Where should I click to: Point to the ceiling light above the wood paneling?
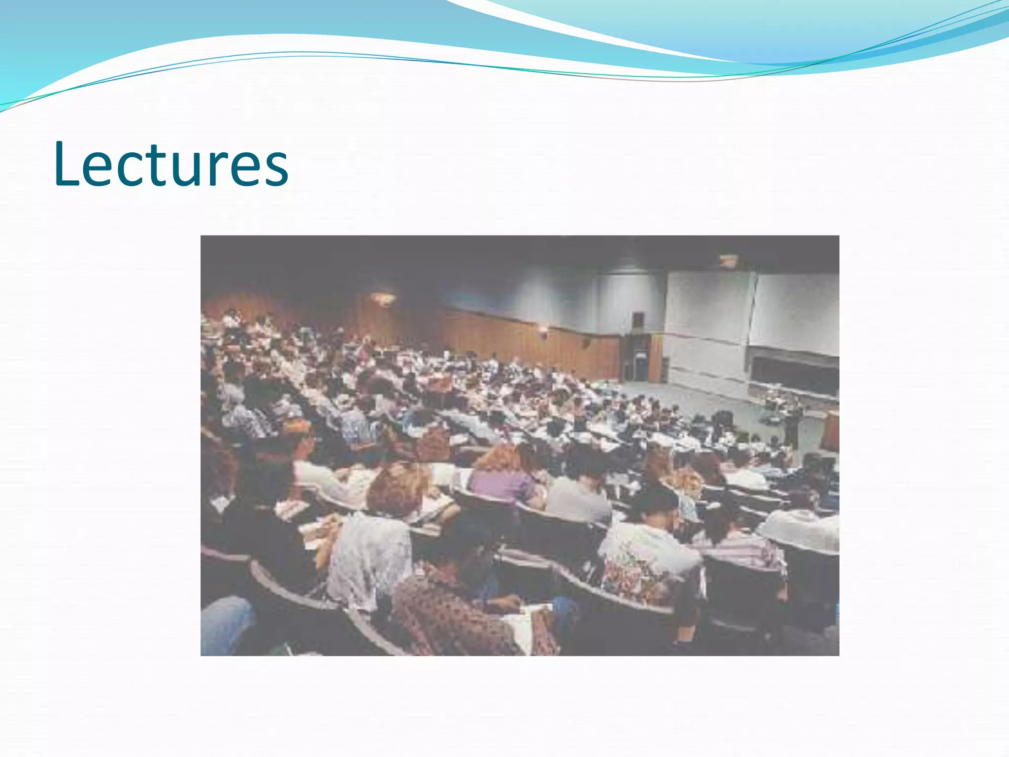coord(383,298)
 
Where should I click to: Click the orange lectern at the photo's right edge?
coord(832,431)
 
